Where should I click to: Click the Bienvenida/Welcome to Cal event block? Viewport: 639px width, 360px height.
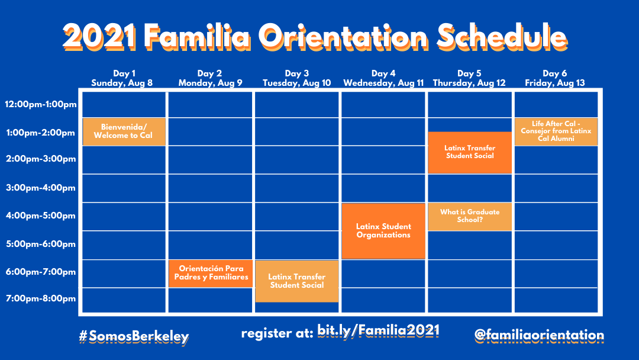point(124,131)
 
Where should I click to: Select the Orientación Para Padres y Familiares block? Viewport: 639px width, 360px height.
point(211,273)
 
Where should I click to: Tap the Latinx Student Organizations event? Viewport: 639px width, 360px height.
point(383,231)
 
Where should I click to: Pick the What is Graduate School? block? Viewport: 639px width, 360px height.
point(470,217)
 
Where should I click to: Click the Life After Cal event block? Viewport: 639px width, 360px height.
point(556,131)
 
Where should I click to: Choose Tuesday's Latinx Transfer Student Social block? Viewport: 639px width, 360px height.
point(297,281)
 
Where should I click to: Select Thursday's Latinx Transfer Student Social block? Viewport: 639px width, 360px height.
point(470,152)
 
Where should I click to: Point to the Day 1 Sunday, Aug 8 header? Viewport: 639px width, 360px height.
point(122,78)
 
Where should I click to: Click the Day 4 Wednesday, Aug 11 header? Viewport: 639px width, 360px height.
point(383,78)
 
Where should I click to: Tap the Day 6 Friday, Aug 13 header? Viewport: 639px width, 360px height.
point(554,78)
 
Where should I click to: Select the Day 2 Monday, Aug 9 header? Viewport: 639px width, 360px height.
point(210,78)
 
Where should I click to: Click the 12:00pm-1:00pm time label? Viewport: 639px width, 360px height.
point(41,104)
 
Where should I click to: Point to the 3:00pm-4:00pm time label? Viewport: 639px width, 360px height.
point(41,188)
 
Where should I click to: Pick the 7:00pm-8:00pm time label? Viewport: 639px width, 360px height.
point(41,298)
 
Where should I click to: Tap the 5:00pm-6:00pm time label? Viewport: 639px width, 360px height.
point(41,244)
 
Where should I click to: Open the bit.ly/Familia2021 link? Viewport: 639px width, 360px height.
point(379,330)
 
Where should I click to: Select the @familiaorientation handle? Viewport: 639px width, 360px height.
point(539,336)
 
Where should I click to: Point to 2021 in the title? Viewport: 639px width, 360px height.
point(99,37)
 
